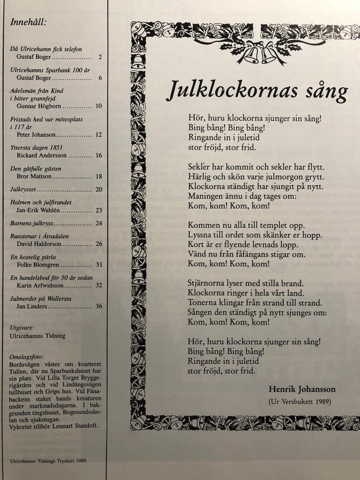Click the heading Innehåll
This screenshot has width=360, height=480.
click(x=28, y=22)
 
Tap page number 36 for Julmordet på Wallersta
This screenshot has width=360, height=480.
click(x=99, y=306)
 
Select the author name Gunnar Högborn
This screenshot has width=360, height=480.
click(x=33, y=106)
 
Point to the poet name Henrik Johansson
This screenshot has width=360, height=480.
click(x=300, y=388)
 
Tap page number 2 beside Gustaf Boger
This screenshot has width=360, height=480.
click(x=100, y=57)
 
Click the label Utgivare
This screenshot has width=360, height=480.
click(x=23, y=327)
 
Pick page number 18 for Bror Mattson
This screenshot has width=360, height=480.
click(x=99, y=175)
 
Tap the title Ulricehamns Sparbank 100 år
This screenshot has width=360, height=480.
click(x=45, y=70)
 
